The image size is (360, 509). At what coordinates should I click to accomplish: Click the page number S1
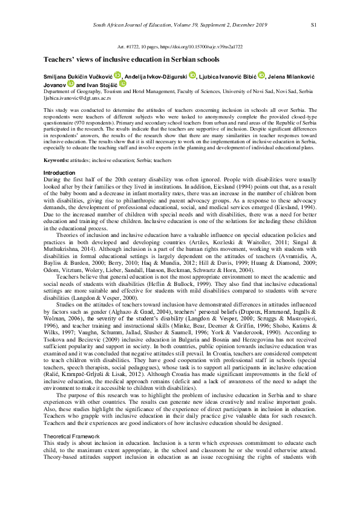click(313, 25)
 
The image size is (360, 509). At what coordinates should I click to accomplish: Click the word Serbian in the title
click(166, 59)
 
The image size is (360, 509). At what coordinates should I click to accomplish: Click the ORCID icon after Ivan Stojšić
click(122, 84)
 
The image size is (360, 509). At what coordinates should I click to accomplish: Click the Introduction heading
click(59, 173)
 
